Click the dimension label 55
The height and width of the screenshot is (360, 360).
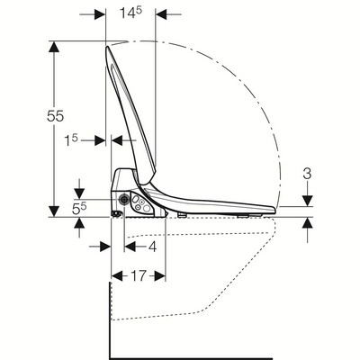coord(56,116)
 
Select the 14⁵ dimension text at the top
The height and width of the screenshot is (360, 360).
coord(130,13)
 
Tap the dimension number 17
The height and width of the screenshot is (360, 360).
coord(139,275)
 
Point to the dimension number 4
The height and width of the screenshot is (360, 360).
coord(153,247)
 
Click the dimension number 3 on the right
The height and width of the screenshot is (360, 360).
coord(307,174)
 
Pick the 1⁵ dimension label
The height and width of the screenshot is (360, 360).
coord(71,140)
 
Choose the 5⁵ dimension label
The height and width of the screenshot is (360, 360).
coord(79,208)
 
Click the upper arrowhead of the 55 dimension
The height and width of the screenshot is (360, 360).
coord(54,47)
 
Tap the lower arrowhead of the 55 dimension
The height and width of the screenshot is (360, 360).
coord(54,211)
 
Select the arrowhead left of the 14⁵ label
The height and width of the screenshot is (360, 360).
coord(100,14)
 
